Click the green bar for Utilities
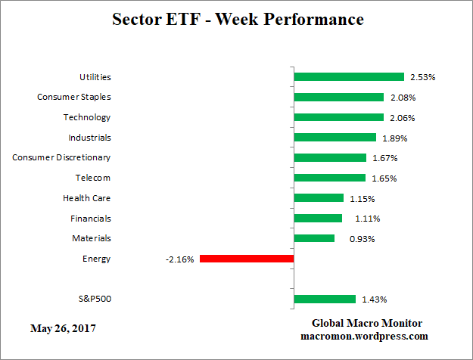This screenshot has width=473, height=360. point(349,76)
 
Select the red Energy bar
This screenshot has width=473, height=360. point(247,259)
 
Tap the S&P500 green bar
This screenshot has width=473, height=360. point(325,299)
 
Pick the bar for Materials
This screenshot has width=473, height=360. point(314,238)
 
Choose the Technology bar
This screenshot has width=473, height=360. point(339,117)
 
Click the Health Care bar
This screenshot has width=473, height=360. point(319,198)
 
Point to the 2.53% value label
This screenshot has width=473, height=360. point(422,77)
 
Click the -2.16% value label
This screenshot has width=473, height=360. point(180,259)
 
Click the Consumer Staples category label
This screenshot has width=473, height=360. point(74,97)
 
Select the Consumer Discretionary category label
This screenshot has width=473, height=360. point(61,157)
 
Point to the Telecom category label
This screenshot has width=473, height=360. point(93,178)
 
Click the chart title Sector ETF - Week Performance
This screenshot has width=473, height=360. point(237,19)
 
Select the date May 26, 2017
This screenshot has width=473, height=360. point(63,328)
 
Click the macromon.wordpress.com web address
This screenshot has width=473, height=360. point(365,336)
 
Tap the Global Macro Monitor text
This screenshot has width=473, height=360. point(367,323)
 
